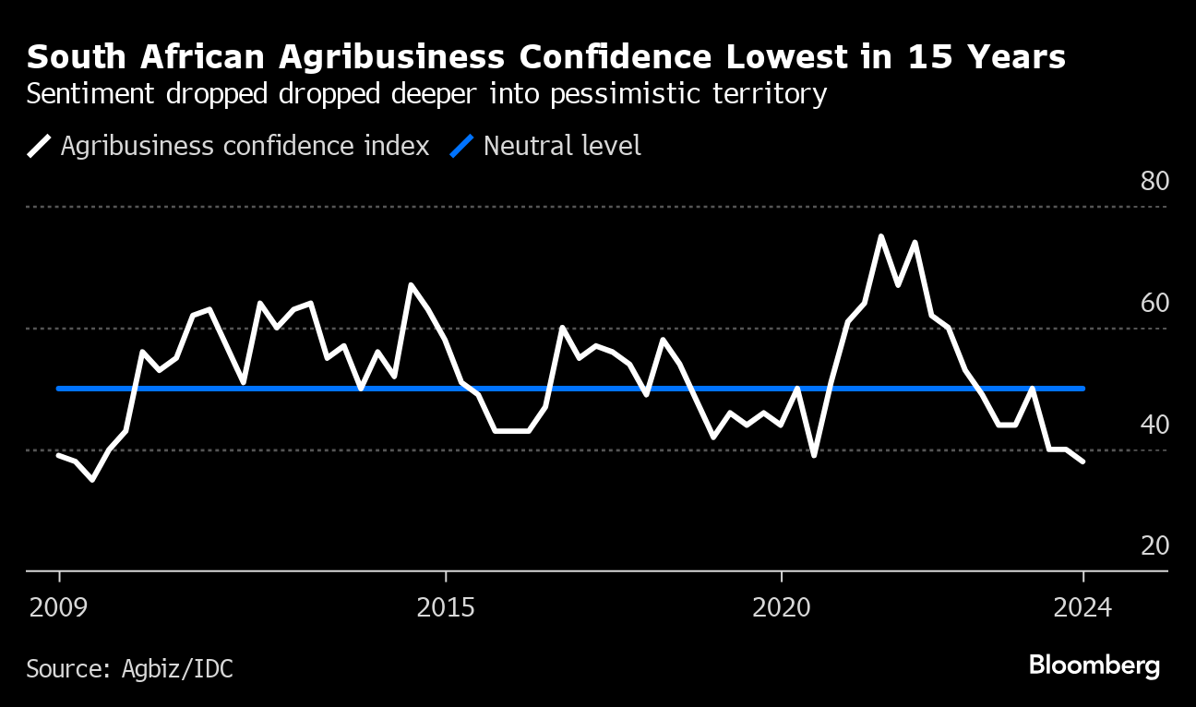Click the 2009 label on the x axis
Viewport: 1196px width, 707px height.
click(59, 608)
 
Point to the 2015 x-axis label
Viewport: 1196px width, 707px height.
click(446, 608)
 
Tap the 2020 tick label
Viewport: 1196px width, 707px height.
click(782, 608)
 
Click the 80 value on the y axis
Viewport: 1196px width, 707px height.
click(1154, 181)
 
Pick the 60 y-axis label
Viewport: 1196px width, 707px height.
click(1154, 303)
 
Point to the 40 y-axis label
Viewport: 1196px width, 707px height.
click(1154, 425)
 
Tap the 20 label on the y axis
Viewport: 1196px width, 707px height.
click(1154, 545)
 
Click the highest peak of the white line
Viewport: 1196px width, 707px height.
click(880, 236)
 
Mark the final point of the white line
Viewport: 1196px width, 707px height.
click(1083, 461)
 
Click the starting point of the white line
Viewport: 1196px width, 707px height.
click(58, 455)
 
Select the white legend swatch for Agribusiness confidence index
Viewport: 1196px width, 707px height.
click(40, 146)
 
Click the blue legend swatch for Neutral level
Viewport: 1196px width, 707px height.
click(461, 146)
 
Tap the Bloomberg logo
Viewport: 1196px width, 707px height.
click(1094, 665)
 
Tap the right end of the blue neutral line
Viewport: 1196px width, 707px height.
click(1082, 389)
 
